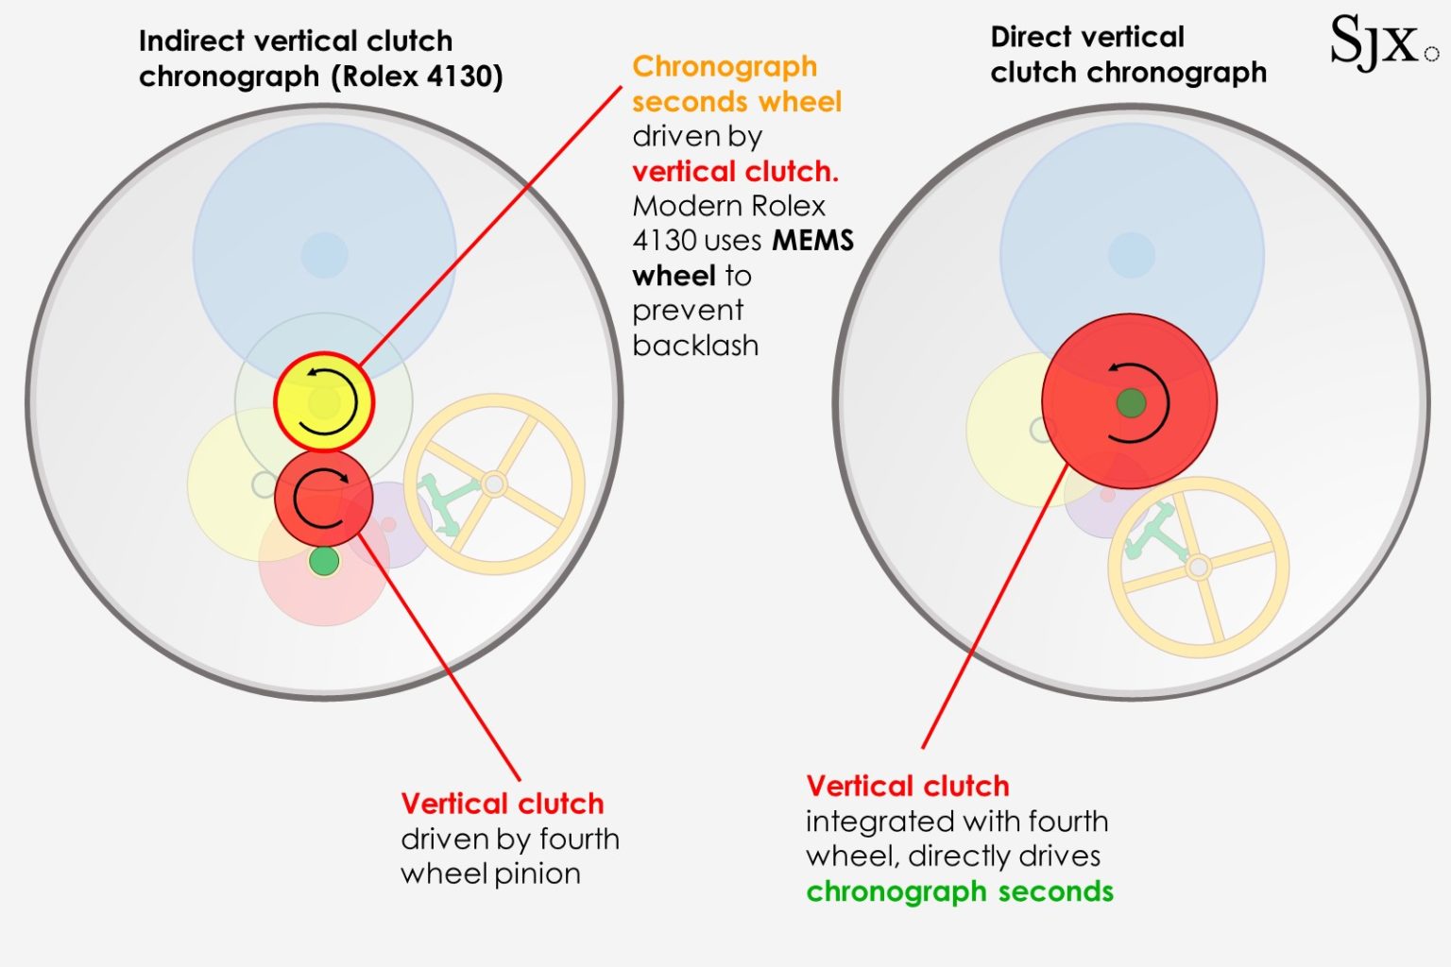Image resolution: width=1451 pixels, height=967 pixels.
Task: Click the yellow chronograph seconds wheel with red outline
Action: click(324, 401)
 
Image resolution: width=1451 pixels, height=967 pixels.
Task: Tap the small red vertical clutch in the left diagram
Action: click(324, 499)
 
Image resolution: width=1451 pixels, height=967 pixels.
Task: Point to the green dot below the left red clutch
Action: click(324, 561)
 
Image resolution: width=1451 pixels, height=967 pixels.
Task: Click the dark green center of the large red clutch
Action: click(1131, 403)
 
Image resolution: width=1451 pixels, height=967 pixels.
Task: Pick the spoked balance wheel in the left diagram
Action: click(493, 484)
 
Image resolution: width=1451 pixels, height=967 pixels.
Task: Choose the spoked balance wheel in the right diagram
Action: click(1198, 568)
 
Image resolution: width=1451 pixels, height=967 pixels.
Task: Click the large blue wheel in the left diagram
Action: click(324, 227)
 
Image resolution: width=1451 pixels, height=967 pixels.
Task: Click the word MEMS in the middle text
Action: click(812, 241)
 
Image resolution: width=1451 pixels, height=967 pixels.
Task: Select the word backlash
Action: click(695, 346)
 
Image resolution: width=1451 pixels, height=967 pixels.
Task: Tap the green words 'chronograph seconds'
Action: click(960, 891)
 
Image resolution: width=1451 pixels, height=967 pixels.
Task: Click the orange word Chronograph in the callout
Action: click(725, 67)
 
